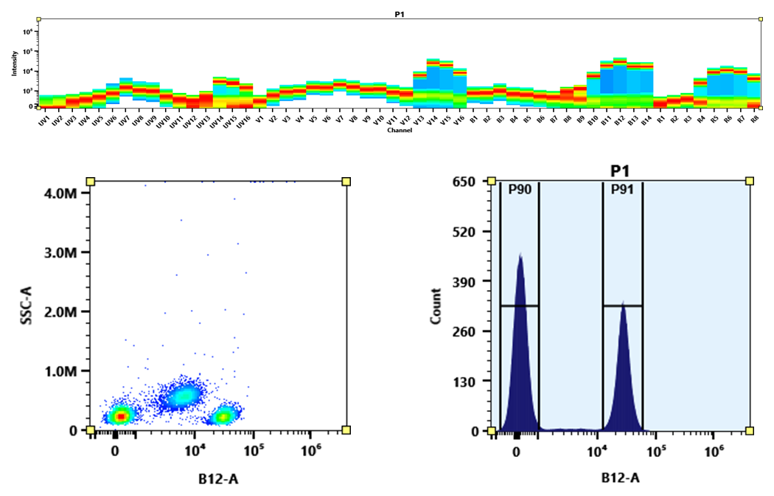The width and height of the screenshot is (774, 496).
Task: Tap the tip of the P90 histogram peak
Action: [x=520, y=255]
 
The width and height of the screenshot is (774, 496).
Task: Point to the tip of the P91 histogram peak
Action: [x=624, y=302]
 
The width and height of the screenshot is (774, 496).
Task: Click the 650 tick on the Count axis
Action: [x=470, y=182]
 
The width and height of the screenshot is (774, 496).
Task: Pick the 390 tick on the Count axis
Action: [x=470, y=281]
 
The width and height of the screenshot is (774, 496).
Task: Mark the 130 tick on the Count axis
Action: [x=470, y=381]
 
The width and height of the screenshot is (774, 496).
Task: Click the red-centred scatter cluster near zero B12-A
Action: [x=120, y=416]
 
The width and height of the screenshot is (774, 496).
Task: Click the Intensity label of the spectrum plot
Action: [x=13, y=68]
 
